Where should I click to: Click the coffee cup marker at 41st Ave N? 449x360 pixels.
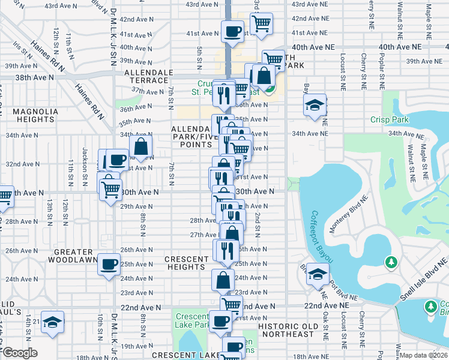(232, 31)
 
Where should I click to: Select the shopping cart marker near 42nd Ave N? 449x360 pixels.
(262, 23)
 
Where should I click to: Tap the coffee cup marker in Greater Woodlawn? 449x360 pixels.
(109, 264)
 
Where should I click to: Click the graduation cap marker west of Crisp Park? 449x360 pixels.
(315, 105)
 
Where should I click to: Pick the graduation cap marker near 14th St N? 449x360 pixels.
(52, 322)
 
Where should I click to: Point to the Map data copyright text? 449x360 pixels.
(423, 355)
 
